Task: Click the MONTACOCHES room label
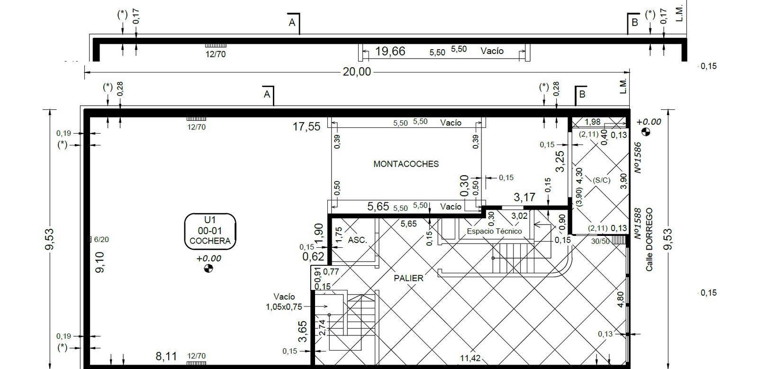click(406, 164)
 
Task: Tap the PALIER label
click(408, 279)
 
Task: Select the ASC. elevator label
click(357, 240)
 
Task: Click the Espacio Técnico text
click(495, 231)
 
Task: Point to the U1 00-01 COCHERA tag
click(210, 231)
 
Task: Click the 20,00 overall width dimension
click(357, 72)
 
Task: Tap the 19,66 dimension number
click(390, 52)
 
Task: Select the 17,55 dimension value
click(306, 126)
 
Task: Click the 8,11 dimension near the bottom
click(166, 356)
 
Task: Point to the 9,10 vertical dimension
click(100, 262)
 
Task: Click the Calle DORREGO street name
click(649, 240)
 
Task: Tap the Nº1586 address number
click(638, 158)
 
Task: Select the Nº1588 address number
click(638, 224)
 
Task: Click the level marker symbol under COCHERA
click(208, 269)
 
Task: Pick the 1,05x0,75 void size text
click(284, 307)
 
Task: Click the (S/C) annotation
click(601, 180)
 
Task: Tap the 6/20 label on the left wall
click(101, 240)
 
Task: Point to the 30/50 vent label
click(600, 242)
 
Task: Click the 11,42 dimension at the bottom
click(470, 358)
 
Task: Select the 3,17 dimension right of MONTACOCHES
click(524, 197)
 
